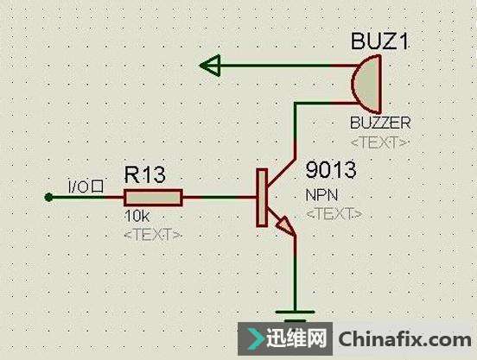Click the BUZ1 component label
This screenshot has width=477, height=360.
click(x=379, y=41)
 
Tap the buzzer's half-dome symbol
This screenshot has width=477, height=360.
click(x=366, y=84)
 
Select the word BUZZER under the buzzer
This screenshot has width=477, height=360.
click(x=380, y=123)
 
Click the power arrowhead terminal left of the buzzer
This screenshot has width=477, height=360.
click(x=210, y=65)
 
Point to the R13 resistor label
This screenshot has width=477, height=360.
click(x=145, y=175)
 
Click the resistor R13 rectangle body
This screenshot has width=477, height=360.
click(x=153, y=198)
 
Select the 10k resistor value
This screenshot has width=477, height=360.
click(x=137, y=217)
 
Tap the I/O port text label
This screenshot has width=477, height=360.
click(x=86, y=186)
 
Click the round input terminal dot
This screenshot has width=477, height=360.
click(x=48, y=198)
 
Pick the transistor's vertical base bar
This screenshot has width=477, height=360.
click(x=262, y=198)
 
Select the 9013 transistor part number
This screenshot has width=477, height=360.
click(x=331, y=170)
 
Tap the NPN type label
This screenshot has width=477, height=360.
click(x=321, y=195)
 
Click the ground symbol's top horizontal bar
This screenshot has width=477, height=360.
click(x=295, y=312)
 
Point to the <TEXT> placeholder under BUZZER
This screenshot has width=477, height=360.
click(x=379, y=142)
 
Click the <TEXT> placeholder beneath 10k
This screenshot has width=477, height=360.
click(x=153, y=235)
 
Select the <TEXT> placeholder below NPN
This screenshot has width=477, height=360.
click(x=334, y=213)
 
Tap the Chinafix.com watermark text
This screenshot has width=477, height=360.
click(x=405, y=339)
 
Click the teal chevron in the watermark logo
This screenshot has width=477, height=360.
click(x=255, y=339)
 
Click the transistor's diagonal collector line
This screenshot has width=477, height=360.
click(x=282, y=172)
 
